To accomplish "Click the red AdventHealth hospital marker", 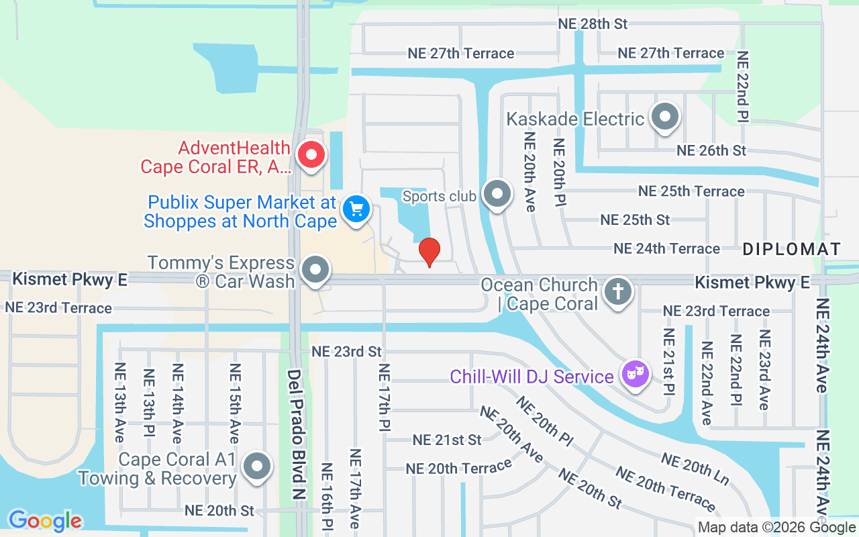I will pos(311,155).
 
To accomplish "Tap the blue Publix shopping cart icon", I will pos(356,209).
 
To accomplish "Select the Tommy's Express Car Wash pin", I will pos(315,271).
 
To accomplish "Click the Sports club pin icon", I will pos(497,194).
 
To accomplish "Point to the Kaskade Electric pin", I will pos(665,117).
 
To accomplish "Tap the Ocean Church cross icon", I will pos(617,292).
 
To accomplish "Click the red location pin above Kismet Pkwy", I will pos(429,252).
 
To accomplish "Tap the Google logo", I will pos(45,520).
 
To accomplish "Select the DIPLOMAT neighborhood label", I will pos(792,250).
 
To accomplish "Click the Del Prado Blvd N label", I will pos(295,433).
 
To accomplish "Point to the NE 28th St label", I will pos(593,23).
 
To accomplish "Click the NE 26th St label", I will pos(711,150).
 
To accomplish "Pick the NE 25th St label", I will pos(635,219).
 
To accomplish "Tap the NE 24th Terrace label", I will pos(666,249).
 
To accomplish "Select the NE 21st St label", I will pos(447,440).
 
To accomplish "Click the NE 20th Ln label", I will pos(695,469).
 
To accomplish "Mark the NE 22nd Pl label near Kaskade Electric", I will pos(742,87).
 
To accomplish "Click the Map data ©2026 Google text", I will pos(776,528).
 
